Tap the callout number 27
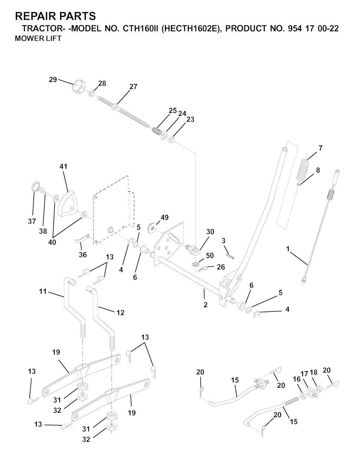coord(133,87)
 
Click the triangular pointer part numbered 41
coord(69,203)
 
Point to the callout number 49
coord(165,218)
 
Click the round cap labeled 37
coord(35,186)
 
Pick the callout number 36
coord(83,255)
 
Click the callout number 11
coord(43,291)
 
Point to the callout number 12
coord(120,313)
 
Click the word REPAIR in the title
coord(35,16)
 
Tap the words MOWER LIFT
coord(38,39)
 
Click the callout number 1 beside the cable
coord(288,248)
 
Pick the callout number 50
coord(210,256)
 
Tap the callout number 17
coord(304,374)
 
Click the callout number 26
coord(221,267)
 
